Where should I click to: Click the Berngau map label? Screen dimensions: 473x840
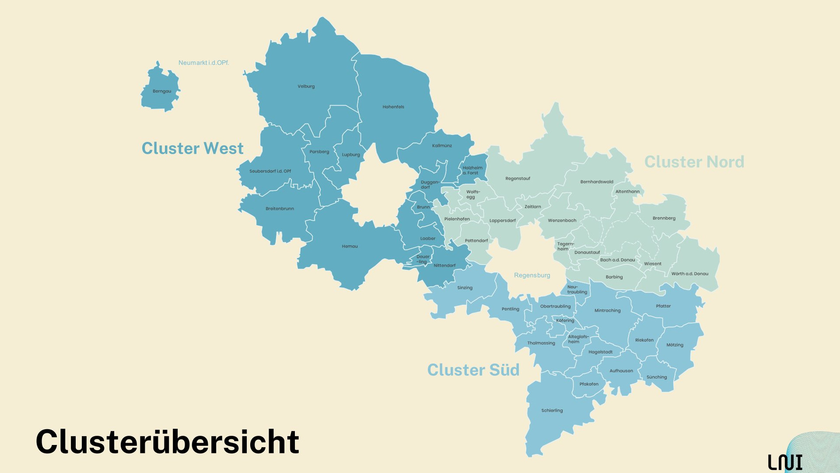tap(162, 92)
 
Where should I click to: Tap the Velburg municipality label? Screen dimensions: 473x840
tap(306, 87)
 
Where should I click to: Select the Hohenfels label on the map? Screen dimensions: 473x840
tap(393, 107)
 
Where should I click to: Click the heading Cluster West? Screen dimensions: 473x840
tap(192, 148)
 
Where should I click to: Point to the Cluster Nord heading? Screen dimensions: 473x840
tap(694, 162)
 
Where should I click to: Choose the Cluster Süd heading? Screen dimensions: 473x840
tap(473, 370)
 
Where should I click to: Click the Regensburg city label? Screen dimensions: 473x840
tap(532, 275)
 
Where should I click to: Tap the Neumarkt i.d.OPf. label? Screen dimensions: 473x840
tap(203, 63)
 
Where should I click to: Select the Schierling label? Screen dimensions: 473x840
tap(552, 411)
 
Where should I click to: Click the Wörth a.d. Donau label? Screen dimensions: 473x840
tap(689, 274)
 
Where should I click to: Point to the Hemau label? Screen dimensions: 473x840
tap(350, 247)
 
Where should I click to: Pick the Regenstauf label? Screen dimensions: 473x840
tap(518, 179)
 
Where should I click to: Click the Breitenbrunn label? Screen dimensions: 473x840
tap(280, 209)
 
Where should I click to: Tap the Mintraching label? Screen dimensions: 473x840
tap(607, 311)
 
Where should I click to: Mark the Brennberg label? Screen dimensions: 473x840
tap(664, 219)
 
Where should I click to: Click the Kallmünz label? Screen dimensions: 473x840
tap(442, 146)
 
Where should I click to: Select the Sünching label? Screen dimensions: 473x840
tap(657, 378)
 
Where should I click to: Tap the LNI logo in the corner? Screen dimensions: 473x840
tap(785, 462)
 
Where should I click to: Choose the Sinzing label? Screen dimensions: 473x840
tap(465, 288)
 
